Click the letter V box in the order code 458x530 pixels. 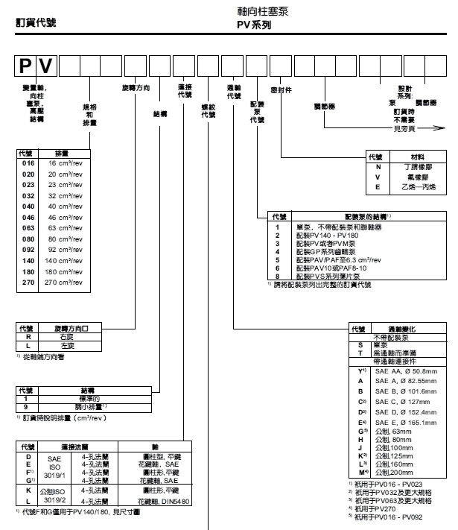coord(48,69)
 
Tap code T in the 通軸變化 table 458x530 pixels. coord(360,352)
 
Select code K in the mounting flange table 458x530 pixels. coord(27,491)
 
